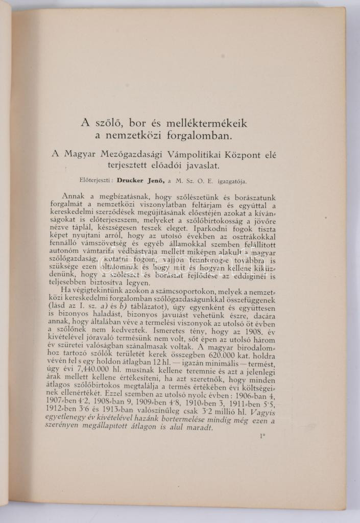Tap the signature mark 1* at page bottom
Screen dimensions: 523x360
(x=262, y=438)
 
